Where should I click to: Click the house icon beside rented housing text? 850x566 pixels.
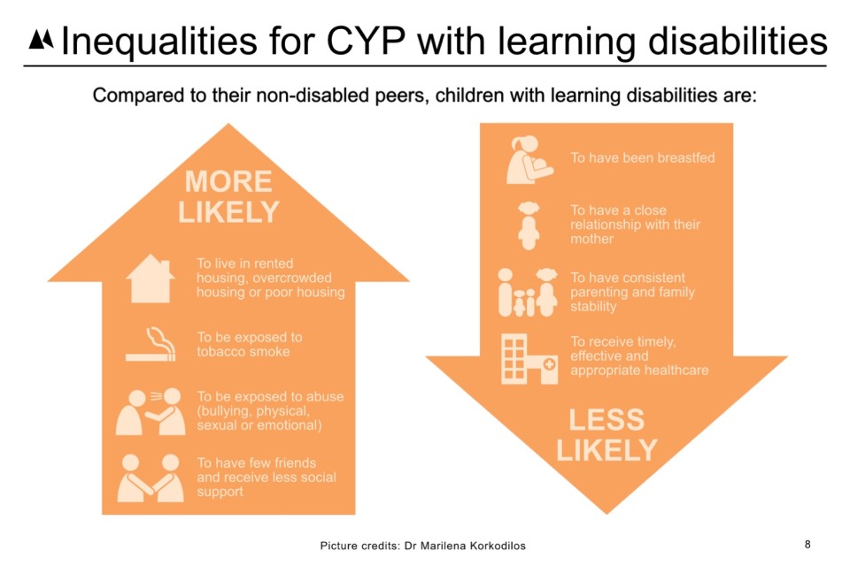[151, 279]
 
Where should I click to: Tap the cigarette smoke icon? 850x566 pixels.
[151, 344]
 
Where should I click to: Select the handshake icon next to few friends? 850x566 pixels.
[151, 478]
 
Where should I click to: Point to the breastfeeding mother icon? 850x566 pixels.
[529, 160]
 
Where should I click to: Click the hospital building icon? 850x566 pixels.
[529, 358]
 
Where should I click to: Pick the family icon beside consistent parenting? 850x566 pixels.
[528, 292]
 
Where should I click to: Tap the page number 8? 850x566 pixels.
[807, 545]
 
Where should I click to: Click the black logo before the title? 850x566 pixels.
[42, 40]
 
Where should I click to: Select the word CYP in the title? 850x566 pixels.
[366, 41]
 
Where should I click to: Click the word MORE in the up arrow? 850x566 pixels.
[228, 181]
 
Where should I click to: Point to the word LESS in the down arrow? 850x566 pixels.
[607, 420]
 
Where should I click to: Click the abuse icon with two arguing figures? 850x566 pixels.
[151, 411]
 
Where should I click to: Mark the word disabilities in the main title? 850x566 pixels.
[738, 41]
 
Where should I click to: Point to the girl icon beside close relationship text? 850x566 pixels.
[529, 226]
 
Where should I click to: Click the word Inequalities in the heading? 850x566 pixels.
[158, 42]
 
